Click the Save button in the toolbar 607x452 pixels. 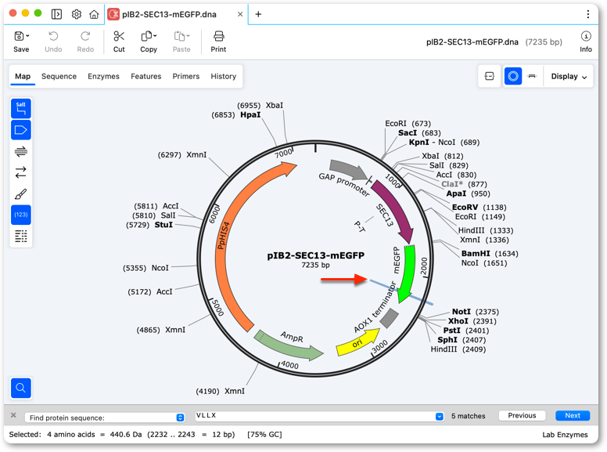[21, 42]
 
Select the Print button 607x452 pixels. [218, 42]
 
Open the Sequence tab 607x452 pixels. [59, 76]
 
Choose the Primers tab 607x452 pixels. [186, 76]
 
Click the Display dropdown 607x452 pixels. [569, 76]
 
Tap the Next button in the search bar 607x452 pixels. [573, 415]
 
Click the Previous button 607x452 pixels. [522, 415]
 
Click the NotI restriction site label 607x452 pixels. [462, 312]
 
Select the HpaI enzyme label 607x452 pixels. [250, 114]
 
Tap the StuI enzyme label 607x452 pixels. [163, 225]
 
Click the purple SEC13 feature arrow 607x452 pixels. [395, 212]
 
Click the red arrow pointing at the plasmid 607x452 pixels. [343, 279]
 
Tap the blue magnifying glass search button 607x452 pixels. [21, 388]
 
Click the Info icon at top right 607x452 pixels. [586, 37]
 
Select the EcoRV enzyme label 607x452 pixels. [465, 208]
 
